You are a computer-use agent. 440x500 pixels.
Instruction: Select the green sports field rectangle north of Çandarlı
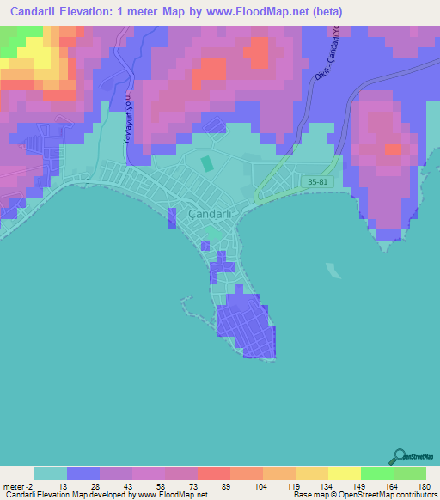[x=206, y=162]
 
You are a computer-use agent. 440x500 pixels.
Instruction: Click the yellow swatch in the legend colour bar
[x=344, y=473]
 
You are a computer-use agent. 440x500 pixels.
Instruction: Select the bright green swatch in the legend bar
[x=376, y=473]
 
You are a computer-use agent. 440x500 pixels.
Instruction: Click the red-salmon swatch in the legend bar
[x=213, y=473]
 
